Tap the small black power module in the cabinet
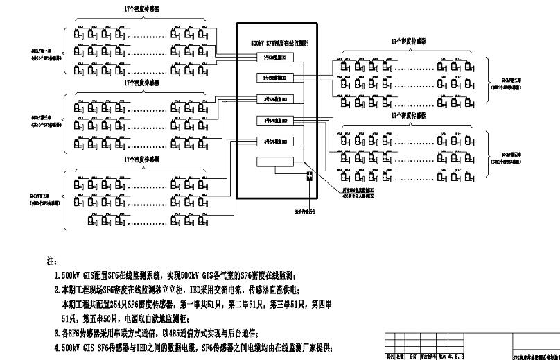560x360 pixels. (x=310, y=178)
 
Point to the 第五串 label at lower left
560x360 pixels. (x=41, y=196)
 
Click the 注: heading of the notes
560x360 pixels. (x=51, y=262)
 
